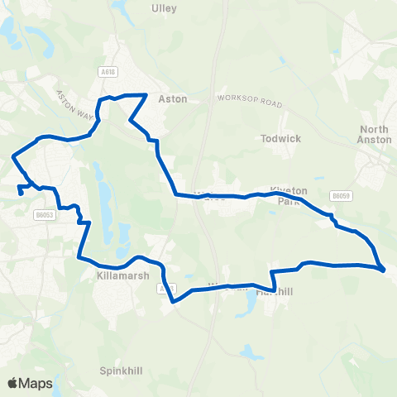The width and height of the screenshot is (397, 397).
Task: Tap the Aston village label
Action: click(x=173, y=98)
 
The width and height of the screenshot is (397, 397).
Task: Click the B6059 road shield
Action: click(x=341, y=196)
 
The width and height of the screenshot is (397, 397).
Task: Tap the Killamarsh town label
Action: click(x=122, y=278)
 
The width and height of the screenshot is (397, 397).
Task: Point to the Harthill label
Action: click(x=275, y=292)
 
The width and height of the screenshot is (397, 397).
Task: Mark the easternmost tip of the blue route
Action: click(x=384, y=269)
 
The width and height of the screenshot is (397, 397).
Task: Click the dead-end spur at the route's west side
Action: click(x=18, y=194)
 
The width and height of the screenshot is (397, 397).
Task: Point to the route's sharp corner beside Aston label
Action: click(x=146, y=96)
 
